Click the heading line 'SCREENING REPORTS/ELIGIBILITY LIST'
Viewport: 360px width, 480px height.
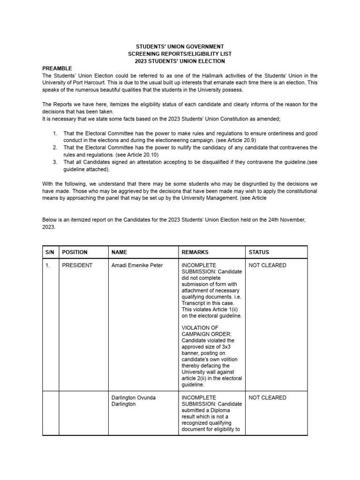tap(180, 54)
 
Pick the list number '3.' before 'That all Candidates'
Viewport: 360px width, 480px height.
tap(54, 162)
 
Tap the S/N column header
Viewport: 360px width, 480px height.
tap(50, 252)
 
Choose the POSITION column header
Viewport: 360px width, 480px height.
tap(75, 252)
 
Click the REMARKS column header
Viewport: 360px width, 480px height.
tap(195, 252)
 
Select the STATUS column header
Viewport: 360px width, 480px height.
tap(259, 252)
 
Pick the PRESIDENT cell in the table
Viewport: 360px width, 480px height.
tap(77, 265)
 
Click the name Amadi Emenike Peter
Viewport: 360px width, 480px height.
tap(137, 265)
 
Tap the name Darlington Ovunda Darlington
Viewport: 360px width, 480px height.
tap(134, 401)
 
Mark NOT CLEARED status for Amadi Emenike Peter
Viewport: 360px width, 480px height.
tap(267, 265)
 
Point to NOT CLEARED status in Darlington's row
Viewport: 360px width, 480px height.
tap(267, 397)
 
